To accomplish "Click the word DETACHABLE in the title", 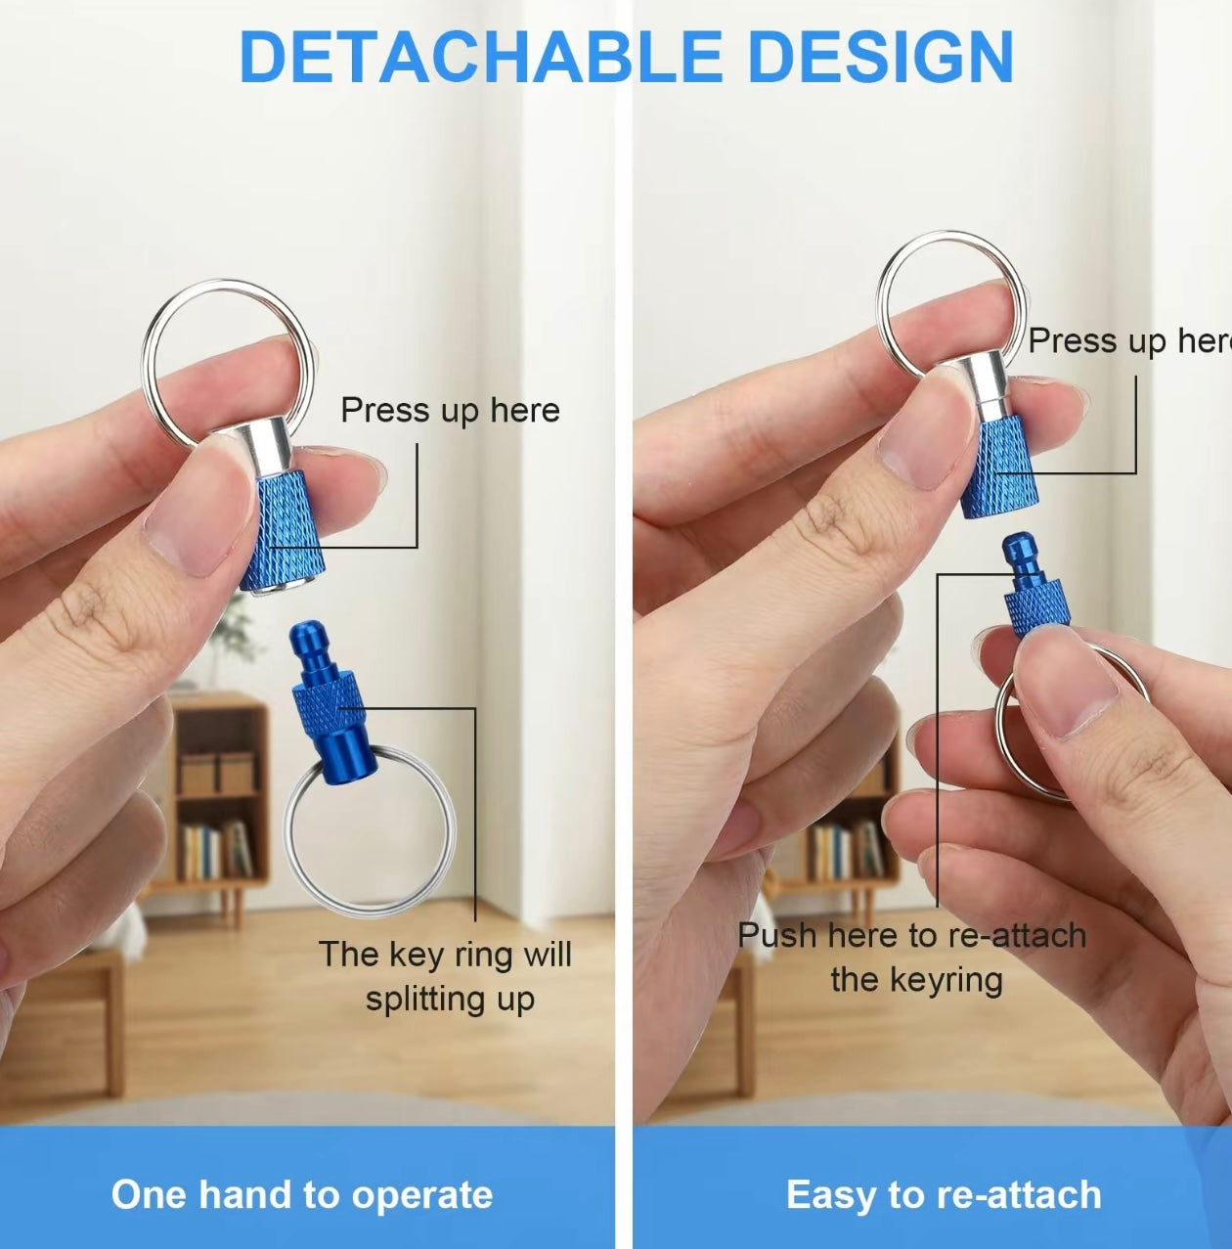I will [x=480, y=57].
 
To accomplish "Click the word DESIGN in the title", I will [x=880, y=57].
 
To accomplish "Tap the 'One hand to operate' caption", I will [x=302, y=1194].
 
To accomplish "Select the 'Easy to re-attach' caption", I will [x=944, y=1194].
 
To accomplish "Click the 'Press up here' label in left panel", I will [x=450, y=410].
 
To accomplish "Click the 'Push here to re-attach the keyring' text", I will [x=912, y=957].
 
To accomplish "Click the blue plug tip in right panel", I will [x=1020, y=557].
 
